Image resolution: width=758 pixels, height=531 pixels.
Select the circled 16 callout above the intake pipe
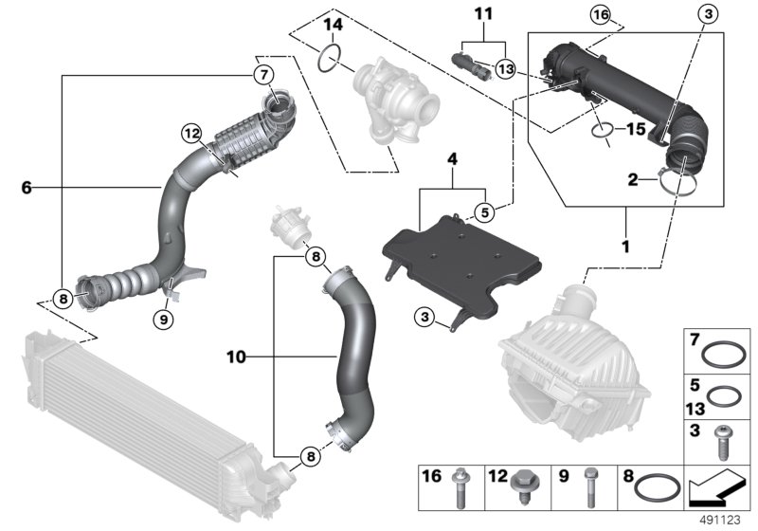click(601, 15)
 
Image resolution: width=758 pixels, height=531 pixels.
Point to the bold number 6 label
click(27, 188)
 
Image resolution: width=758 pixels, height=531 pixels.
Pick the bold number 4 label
click(453, 157)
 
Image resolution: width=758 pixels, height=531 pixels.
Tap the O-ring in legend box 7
click(726, 357)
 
